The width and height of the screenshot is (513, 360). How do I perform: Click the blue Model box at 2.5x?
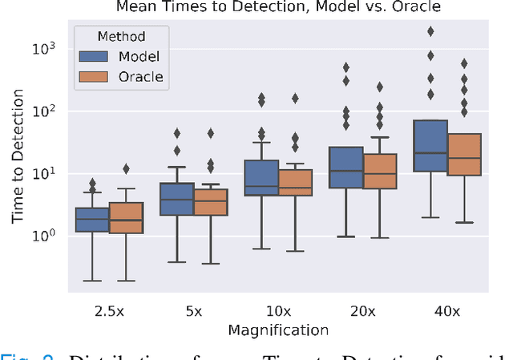click(x=92, y=219)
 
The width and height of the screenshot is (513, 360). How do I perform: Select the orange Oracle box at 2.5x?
click(x=127, y=217)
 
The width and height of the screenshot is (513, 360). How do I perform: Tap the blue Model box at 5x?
click(x=177, y=199)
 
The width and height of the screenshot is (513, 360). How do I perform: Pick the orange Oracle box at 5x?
click(x=211, y=202)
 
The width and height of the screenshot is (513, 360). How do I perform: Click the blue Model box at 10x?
click(x=261, y=178)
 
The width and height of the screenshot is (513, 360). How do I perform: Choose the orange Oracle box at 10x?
click(x=296, y=183)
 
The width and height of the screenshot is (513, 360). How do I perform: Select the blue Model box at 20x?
click(x=346, y=168)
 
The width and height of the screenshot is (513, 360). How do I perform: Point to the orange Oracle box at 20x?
click(x=380, y=172)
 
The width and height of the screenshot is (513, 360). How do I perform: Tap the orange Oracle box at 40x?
click(x=465, y=155)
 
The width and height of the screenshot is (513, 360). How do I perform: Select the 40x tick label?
click(x=447, y=309)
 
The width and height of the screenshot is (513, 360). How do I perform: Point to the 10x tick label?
click(x=278, y=309)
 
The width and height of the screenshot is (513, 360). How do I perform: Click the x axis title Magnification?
click(x=278, y=330)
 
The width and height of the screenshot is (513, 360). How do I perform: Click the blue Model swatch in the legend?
click(x=95, y=57)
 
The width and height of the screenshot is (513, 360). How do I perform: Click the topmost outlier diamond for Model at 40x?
click(x=430, y=31)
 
